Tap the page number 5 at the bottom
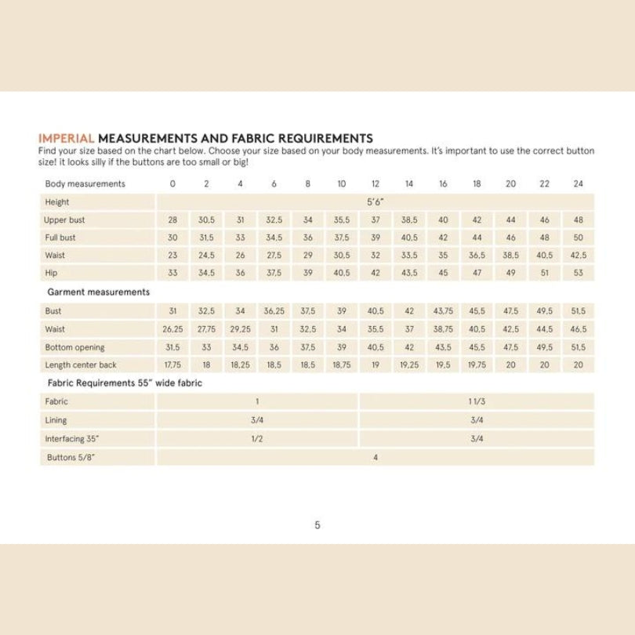[317, 525]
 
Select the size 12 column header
[376, 183]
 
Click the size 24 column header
[579, 183]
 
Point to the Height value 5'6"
[376, 201]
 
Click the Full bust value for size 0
[172, 237]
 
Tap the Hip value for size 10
[342, 272]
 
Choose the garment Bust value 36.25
[274, 310]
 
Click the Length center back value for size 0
[172, 364]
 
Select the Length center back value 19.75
[477, 364]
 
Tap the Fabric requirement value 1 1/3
[477, 401]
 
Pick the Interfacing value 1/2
[256, 438]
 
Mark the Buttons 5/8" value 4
[376, 457]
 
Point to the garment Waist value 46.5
[579, 328]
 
